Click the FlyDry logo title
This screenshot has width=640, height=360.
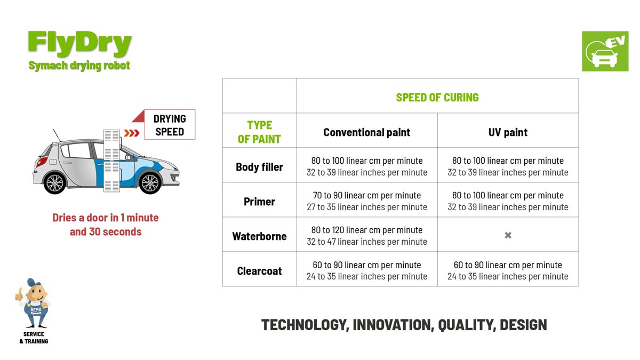coord(79,44)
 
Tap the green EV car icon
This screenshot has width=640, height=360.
coord(605,51)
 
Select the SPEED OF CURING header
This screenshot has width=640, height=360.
coord(437,98)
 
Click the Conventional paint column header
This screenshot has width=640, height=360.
coord(366,132)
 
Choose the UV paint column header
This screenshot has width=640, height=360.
coord(508,132)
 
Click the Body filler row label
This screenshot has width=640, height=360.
coord(259,167)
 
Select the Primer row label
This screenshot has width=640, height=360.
coord(259,202)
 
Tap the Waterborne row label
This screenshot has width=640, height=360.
coord(259,236)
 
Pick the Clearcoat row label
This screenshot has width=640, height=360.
coord(259,271)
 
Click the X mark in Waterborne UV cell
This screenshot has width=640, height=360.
coord(508,235)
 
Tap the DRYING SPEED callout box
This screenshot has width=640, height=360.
coord(170,125)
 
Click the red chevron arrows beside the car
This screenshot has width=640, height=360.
coord(131,133)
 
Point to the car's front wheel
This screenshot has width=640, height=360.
coord(150,182)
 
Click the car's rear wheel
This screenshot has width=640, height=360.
coord(55,182)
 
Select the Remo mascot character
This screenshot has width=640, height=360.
coord(34,303)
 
